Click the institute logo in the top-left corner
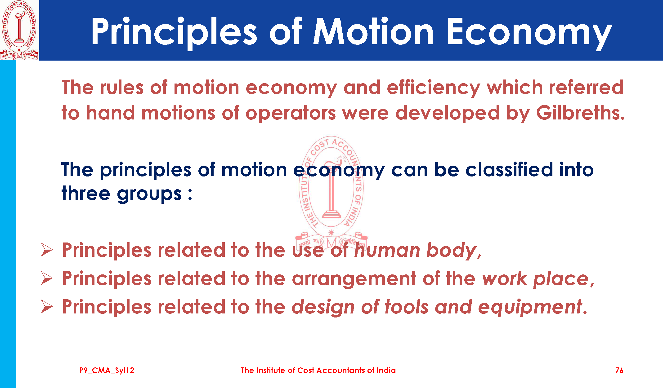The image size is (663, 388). click(19, 30)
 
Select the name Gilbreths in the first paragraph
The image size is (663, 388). click(580, 113)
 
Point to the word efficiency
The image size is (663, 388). click(433, 88)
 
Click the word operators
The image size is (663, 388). click(291, 114)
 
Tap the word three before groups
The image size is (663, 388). click(85, 193)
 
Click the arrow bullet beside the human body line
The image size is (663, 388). click(47, 250)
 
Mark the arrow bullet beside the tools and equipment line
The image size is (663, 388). click(47, 307)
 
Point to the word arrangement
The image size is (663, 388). click(354, 279)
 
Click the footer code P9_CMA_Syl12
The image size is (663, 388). click(107, 371)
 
